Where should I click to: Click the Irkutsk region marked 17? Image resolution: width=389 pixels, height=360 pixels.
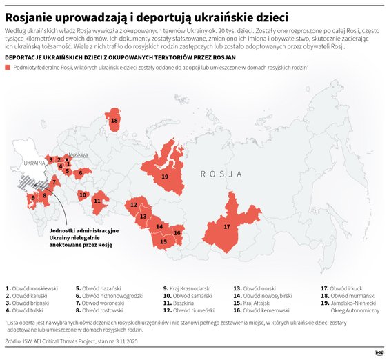227,226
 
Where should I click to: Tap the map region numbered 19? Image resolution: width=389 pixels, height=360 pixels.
165,177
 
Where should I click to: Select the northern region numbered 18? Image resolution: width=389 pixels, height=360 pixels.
114,121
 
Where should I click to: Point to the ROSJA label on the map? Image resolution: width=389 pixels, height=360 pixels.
221,174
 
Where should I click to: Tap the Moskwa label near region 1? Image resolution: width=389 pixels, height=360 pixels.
78,155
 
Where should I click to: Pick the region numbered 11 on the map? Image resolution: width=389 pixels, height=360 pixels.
97,201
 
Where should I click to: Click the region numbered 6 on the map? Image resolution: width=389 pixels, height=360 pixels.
80,172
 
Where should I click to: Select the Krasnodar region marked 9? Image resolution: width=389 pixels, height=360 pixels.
32,198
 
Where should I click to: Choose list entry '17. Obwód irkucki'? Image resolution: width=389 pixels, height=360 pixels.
347,288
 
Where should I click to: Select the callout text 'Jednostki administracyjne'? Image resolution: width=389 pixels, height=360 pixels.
83,230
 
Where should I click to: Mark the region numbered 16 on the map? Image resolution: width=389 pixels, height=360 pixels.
177,233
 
